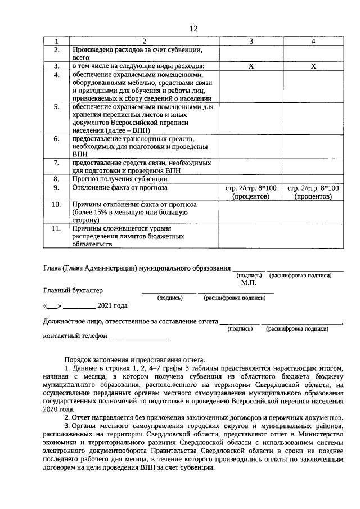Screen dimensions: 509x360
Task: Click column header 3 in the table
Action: [251, 42]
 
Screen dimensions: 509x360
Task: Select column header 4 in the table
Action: [313, 42]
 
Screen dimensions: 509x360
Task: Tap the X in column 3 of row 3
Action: [251, 66]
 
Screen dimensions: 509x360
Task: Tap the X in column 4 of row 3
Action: [313, 66]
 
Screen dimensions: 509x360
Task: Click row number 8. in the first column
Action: [56, 179]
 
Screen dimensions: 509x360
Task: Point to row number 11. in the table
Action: [56, 228]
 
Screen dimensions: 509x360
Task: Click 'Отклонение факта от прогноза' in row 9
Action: [120, 187]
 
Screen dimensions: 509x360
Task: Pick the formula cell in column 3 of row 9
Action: [251, 192]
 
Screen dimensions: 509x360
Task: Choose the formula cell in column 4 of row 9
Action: [313, 192]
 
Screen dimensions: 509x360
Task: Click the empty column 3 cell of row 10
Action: [251, 213]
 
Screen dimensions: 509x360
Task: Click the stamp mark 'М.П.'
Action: [249, 283]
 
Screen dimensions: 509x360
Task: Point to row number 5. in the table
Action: [56, 106]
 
